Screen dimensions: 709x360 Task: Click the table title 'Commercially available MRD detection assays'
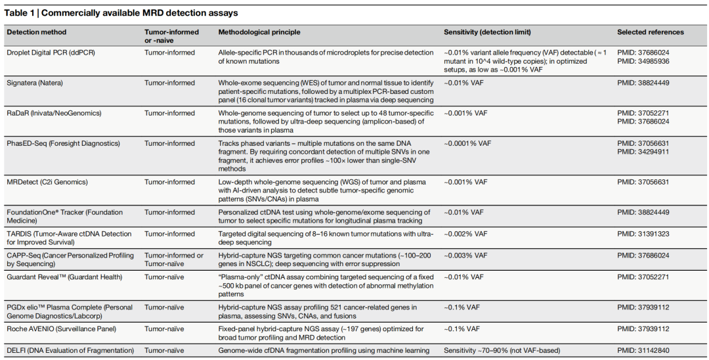point(140,13)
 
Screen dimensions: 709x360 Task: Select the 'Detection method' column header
point(37,32)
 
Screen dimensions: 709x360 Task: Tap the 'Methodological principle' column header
point(259,32)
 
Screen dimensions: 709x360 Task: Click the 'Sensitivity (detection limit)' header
point(487,32)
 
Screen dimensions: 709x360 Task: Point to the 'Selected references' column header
point(650,32)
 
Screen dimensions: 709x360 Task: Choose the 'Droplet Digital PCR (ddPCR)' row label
point(51,53)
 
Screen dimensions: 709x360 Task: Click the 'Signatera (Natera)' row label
point(35,83)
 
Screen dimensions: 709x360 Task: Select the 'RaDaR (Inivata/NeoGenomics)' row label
point(54,113)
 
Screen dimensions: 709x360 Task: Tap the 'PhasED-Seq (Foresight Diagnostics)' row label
point(63,143)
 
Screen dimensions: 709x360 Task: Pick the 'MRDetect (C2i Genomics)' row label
point(47,182)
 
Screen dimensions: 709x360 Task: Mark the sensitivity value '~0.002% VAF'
point(465,234)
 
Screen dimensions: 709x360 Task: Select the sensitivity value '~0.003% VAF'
point(465,256)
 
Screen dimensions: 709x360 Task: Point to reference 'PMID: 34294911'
point(643,152)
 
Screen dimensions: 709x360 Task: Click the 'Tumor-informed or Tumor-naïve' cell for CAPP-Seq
point(174,259)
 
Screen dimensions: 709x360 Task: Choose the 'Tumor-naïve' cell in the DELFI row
point(164,351)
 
